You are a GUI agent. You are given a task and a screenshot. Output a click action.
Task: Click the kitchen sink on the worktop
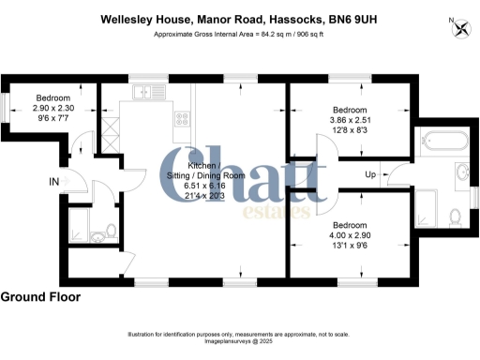tap(147, 92)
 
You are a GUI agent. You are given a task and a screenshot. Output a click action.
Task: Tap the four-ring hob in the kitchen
tap(181, 119)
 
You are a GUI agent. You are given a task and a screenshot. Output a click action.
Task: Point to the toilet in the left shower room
tap(110, 229)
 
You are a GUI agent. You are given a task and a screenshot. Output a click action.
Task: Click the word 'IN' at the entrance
tap(54, 181)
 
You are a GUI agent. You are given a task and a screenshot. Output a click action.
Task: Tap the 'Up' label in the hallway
tap(371, 175)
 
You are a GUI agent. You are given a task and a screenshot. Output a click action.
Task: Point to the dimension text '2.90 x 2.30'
tap(53, 109)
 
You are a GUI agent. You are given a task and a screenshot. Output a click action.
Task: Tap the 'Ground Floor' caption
tap(40, 297)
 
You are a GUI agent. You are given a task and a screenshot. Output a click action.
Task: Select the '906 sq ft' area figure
tap(308, 36)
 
